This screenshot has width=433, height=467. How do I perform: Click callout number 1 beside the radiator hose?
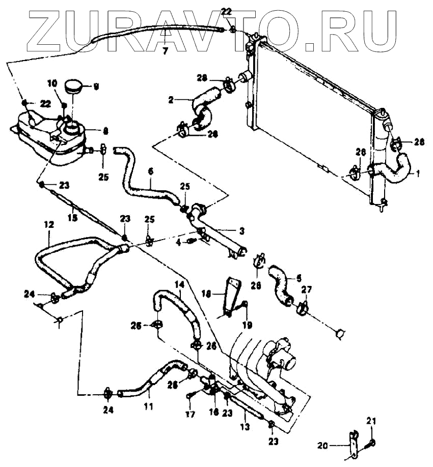click(417, 173)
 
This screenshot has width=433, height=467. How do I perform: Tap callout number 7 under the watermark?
click(165, 50)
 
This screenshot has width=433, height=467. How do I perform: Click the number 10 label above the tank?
click(52, 83)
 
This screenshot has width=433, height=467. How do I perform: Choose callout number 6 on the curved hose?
click(150, 172)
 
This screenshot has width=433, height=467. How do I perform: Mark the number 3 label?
click(242, 231)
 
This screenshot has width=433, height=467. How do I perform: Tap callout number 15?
click(73, 218)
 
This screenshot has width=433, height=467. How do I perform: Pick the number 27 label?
click(307, 290)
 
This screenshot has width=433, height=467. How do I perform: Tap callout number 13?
click(245, 427)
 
